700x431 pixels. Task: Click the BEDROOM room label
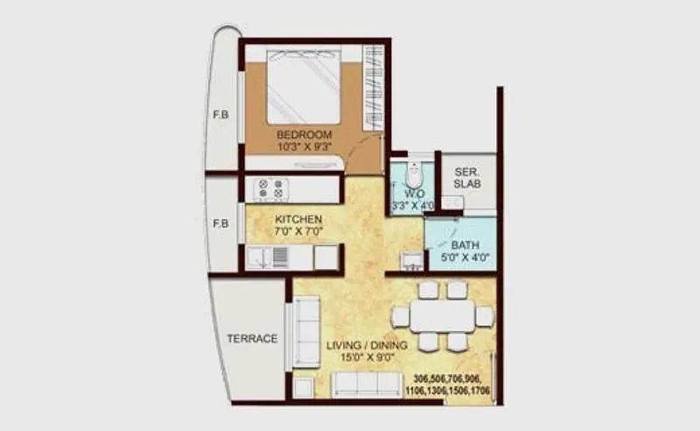point(304,135)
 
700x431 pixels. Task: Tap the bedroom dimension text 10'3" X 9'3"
point(304,147)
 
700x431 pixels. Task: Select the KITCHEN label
point(298,219)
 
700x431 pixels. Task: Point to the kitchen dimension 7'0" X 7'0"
point(298,232)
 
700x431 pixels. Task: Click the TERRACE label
point(252,338)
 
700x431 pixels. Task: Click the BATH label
point(463,245)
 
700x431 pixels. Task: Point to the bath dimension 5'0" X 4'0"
point(463,258)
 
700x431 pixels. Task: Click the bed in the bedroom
point(303,87)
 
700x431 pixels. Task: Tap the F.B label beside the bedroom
point(220,115)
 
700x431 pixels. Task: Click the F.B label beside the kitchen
point(220,223)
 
